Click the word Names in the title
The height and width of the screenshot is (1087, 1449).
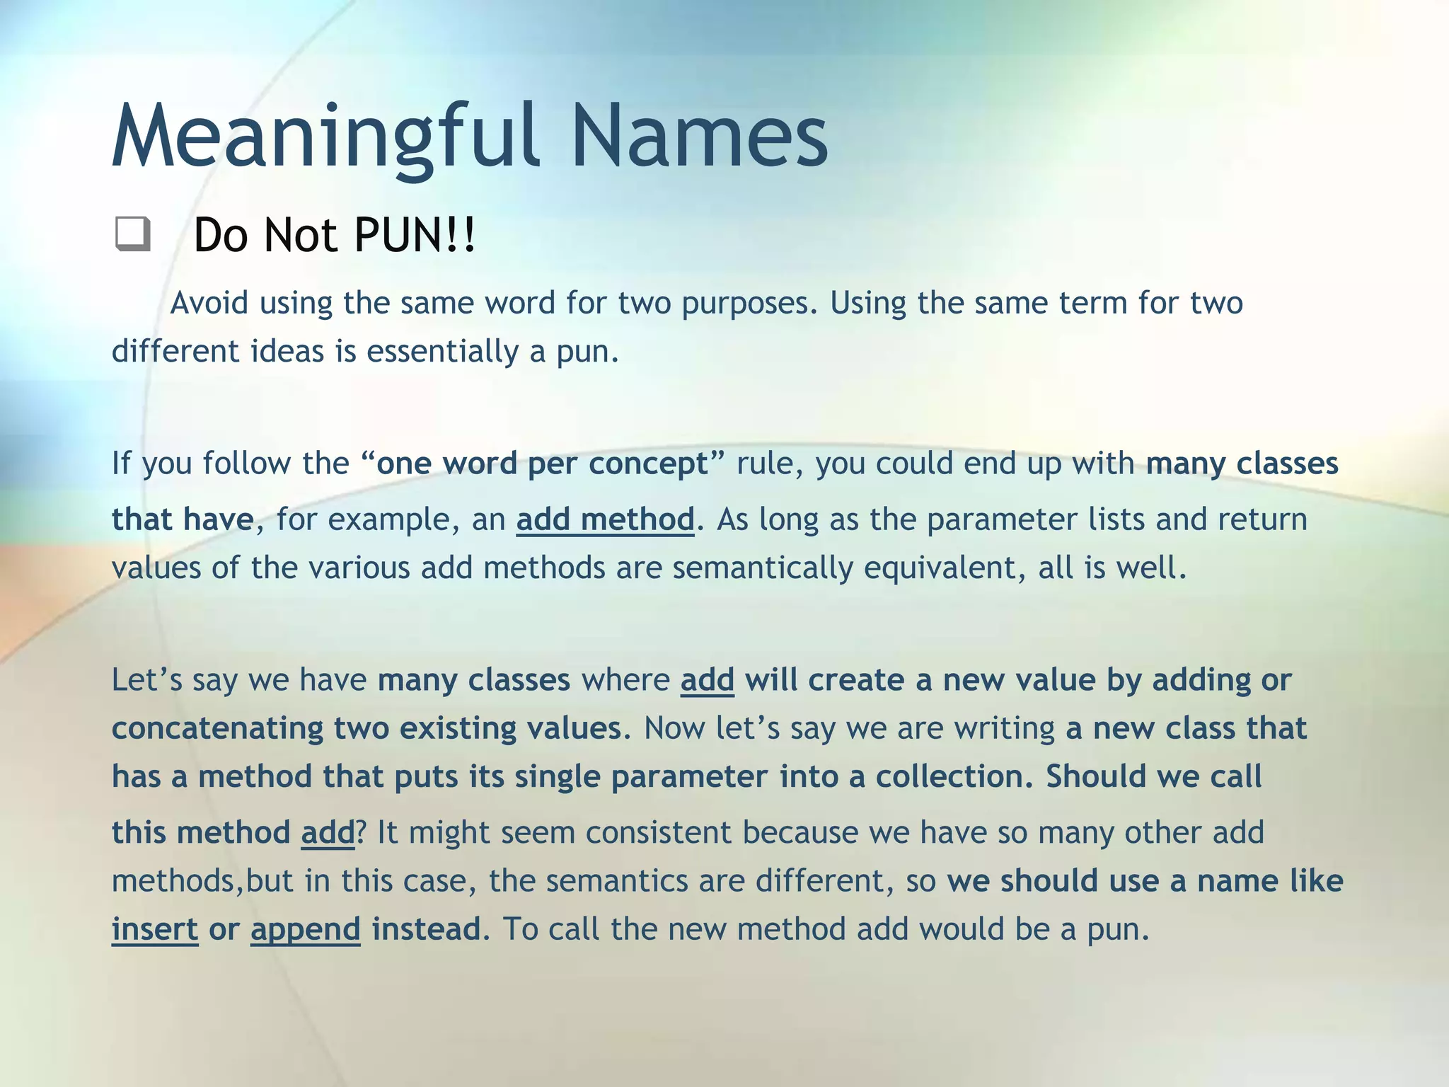[x=699, y=136]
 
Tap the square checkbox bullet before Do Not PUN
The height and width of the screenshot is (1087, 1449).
[x=132, y=234]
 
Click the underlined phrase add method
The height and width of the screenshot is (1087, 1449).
[x=605, y=519]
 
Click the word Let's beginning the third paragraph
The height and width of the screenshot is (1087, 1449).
[x=146, y=680]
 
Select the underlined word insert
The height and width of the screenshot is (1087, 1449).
[x=155, y=929]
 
